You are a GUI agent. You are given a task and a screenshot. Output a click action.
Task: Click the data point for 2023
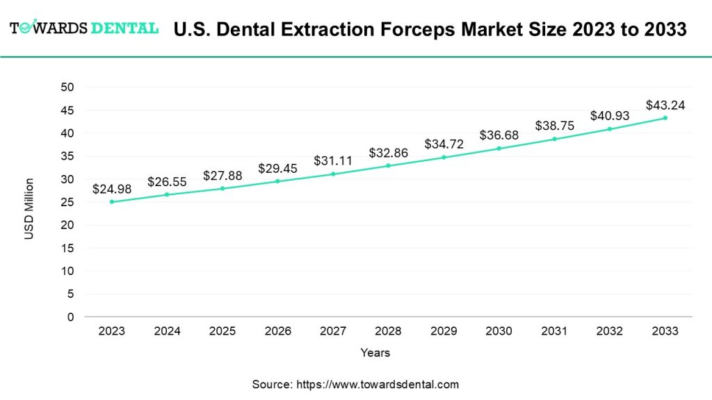tap(111, 202)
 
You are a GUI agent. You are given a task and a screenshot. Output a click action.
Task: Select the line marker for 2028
tap(388, 165)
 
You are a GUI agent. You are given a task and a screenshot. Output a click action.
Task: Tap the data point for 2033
tap(665, 117)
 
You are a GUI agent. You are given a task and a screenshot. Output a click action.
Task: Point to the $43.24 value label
tap(665, 106)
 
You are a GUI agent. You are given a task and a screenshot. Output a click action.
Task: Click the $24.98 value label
tap(112, 189)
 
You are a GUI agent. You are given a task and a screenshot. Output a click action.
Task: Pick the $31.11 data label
tap(333, 160)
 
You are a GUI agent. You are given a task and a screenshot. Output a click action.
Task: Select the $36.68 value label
tap(499, 135)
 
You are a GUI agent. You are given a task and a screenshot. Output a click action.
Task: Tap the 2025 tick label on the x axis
tap(222, 331)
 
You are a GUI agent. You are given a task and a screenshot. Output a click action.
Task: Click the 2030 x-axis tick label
tap(499, 331)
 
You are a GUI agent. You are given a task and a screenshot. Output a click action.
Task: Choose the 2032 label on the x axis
tap(610, 331)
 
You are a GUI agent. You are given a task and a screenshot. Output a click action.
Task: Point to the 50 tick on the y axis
tap(67, 87)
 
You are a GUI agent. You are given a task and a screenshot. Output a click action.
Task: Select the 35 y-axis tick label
tap(67, 156)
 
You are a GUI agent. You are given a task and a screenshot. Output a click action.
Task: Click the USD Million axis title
tap(29, 209)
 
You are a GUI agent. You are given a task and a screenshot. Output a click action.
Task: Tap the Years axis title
tap(375, 353)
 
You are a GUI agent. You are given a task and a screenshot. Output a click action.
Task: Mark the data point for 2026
tap(277, 181)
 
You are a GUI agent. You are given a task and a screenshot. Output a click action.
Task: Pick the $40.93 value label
tap(610, 116)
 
